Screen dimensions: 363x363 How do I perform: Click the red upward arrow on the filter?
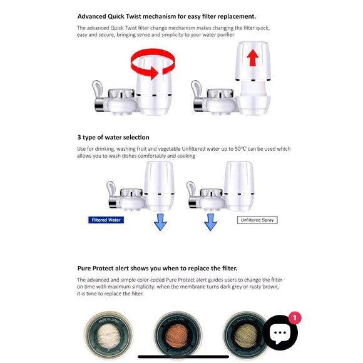(x=252, y=58)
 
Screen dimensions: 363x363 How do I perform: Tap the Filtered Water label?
(x=106, y=220)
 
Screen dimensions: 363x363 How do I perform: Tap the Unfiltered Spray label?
(x=257, y=220)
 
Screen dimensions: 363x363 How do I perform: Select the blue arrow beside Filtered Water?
(x=160, y=222)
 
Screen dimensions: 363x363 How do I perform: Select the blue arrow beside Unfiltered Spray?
(x=211, y=222)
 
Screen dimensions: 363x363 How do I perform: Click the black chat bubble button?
(x=280, y=333)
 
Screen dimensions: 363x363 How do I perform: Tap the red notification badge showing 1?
(x=295, y=318)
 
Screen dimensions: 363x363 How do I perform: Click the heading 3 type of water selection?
(x=113, y=137)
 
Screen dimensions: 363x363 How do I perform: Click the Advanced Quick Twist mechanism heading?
(x=166, y=16)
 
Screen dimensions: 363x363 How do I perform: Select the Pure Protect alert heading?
(x=157, y=268)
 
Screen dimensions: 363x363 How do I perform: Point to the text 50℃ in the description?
(x=241, y=149)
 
